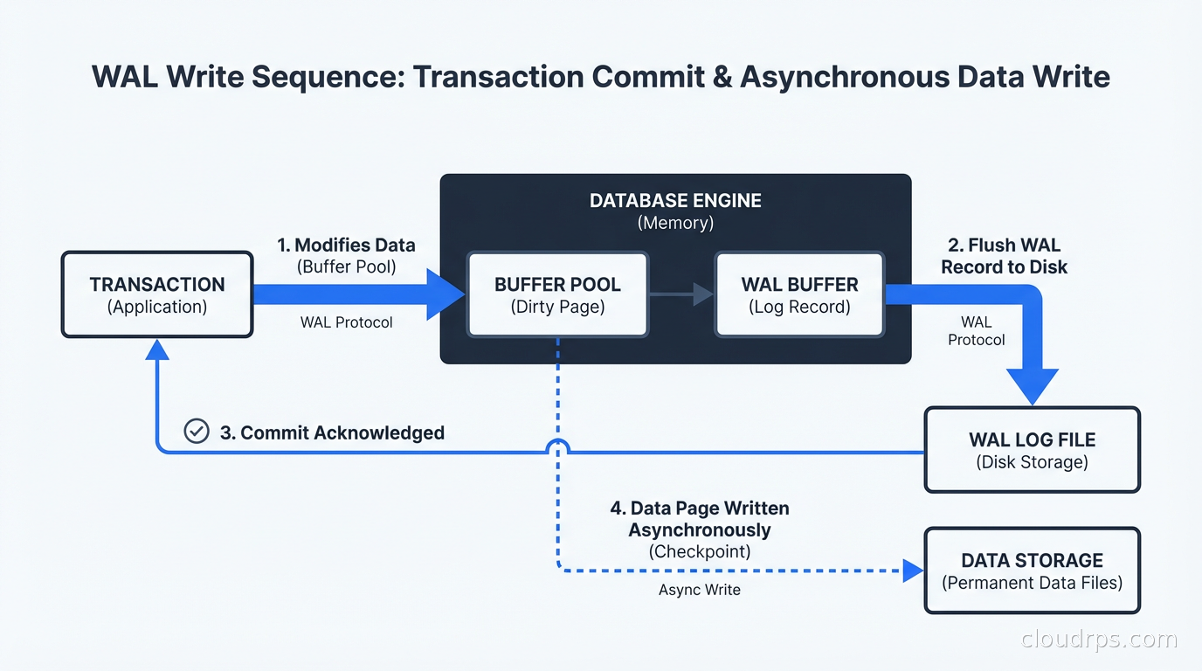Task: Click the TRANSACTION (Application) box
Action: (157, 294)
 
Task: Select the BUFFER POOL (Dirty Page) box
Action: (557, 294)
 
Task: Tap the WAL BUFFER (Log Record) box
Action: (799, 294)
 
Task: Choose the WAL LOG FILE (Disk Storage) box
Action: (1032, 450)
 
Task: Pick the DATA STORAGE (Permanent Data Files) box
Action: (1032, 570)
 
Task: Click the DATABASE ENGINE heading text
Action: (675, 201)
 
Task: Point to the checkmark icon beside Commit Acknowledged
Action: (197, 432)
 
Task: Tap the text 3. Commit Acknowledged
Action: (332, 432)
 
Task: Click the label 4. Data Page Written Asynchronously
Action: (699, 519)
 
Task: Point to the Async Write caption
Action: (699, 590)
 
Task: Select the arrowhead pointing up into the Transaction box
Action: (157, 350)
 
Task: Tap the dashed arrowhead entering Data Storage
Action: (913, 571)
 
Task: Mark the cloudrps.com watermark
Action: (1098, 640)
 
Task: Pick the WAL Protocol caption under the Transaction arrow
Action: (346, 322)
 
